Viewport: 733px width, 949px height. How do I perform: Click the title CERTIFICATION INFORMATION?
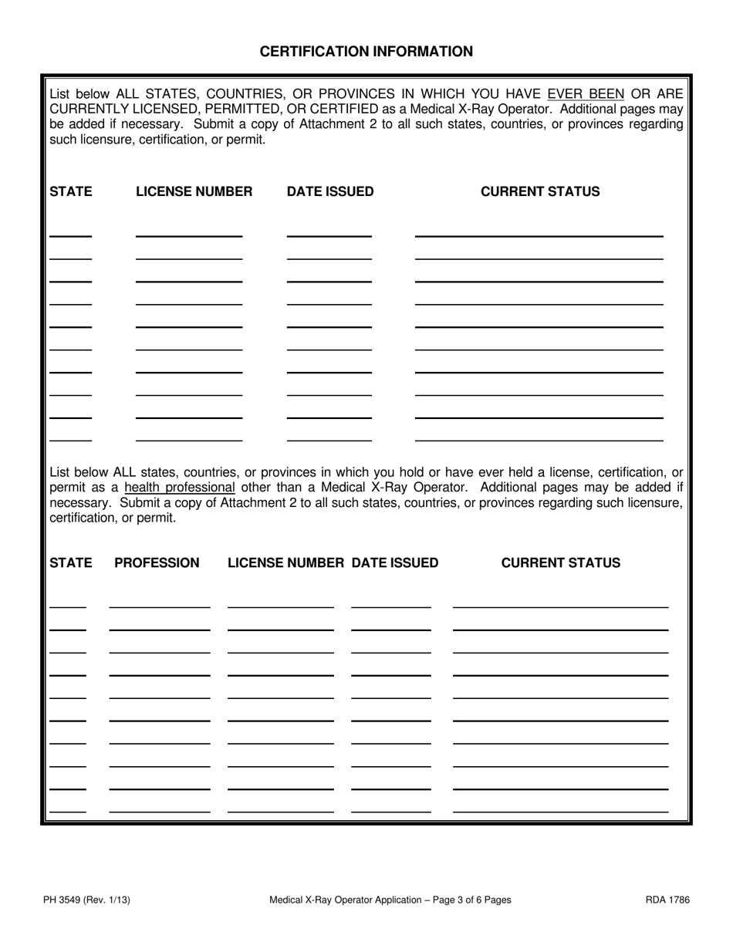pyautogui.click(x=366, y=52)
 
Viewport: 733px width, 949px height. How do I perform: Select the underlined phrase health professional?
pyautogui.click(x=179, y=488)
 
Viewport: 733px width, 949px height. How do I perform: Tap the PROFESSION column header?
pyautogui.click(x=157, y=563)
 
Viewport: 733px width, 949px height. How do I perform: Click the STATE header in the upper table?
pyautogui.click(x=70, y=192)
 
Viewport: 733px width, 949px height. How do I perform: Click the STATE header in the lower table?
pyautogui.click(x=70, y=563)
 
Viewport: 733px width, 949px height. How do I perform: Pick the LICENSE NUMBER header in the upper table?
pyautogui.click(x=194, y=192)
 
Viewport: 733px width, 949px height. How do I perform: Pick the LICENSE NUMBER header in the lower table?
pyautogui.click(x=285, y=563)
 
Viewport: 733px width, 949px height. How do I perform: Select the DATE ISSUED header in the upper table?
pyautogui.click(x=330, y=192)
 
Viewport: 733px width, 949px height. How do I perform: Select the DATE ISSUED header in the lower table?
pyautogui.click(x=395, y=563)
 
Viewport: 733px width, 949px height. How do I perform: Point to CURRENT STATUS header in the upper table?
pyautogui.click(x=540, y=192)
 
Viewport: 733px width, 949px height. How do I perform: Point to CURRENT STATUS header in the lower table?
pyautogui.click(x=560, y=563)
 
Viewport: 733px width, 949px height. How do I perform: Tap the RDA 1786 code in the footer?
pyautogui.click(x=668, y=900)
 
